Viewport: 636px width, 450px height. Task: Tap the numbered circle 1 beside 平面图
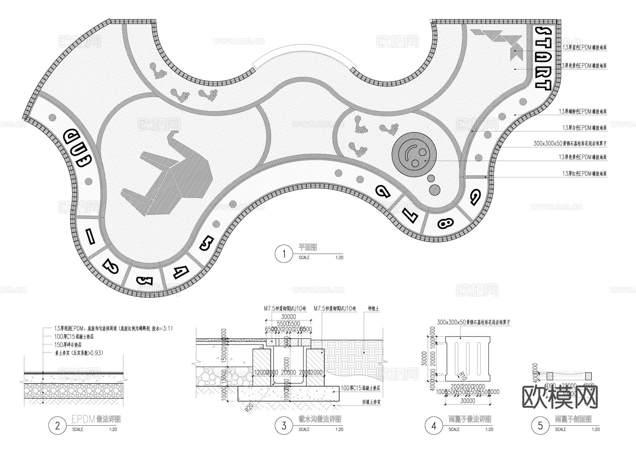pos(283,253)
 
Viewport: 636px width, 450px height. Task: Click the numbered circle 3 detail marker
pos(284,426)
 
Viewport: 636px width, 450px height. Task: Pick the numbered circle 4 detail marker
pos(434,426)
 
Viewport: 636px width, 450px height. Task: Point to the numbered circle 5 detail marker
pos(540,426)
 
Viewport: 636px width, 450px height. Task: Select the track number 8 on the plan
pos(445,223)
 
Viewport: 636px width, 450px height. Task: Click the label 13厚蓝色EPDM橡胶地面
pos(584,47)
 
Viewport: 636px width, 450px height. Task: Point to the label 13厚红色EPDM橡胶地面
pos(584,174)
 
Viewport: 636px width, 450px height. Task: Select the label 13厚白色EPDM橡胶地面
pos(584,128)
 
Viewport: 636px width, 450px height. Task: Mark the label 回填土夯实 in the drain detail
pos(371,402)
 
